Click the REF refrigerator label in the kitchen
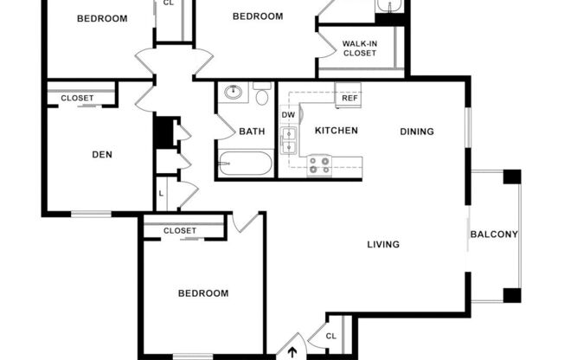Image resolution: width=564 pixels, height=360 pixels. tap(349, 98)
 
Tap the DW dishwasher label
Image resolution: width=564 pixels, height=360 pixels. tap(288, 115)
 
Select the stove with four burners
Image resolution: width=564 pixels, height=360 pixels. tap(320, 165)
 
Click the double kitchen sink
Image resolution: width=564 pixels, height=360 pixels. tap(288, 140)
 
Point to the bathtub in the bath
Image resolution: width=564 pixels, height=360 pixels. tap(245, 164)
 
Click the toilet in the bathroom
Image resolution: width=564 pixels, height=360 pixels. tap(262, 93)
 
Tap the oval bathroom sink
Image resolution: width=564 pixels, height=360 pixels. tap(234, 92)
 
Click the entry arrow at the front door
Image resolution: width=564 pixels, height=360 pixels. tap(292, 352)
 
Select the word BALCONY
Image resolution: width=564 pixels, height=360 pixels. tap(494, 235)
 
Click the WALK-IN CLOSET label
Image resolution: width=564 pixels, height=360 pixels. tap(360, 48)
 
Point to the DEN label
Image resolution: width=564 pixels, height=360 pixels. tap(102, 155)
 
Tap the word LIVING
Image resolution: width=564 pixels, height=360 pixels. tap(383, 244)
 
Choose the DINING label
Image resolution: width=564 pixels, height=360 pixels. tap(417, 132)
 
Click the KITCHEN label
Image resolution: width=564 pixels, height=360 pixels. tap(336, 131)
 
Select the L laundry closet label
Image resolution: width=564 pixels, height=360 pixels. tap(161, 194)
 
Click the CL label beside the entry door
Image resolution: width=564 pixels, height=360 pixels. tap(331, 337)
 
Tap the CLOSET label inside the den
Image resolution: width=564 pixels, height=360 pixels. tap(77, 98)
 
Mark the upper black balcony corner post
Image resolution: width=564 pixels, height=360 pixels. tap(512, 177)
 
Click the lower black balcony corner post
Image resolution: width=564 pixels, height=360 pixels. tap(512, 296)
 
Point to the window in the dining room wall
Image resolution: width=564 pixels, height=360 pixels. tap(468, 127)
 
